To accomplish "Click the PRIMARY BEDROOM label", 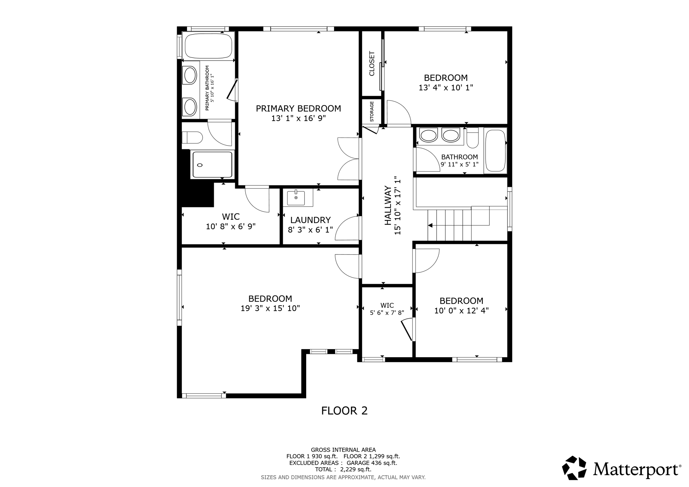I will pyautogui.click(x=298, y=109).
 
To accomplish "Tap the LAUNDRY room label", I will pyautogui.click(x=310, y=220).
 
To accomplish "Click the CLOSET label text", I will pyautogui.click(x=372, y=64).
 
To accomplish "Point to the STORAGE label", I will pyautogui.click(x=372, y=111).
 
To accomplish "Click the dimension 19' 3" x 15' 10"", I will pyautogui.click(x=270, y=308).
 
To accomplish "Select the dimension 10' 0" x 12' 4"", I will pyautogui.click(x=461, y=310).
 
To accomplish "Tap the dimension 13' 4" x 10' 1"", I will pyautogui.click(x=446, y=87).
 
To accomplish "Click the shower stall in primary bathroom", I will pyautogui.click(x=211, y=164).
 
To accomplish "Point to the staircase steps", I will pyautogui.click(x=449, y=225).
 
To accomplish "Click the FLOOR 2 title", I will pyautogui.click(x=344, y=411).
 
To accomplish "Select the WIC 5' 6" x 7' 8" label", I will pyautogui.click(x=387, y=309).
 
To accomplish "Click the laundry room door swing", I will pyautogui.click(x=347, y=228).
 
